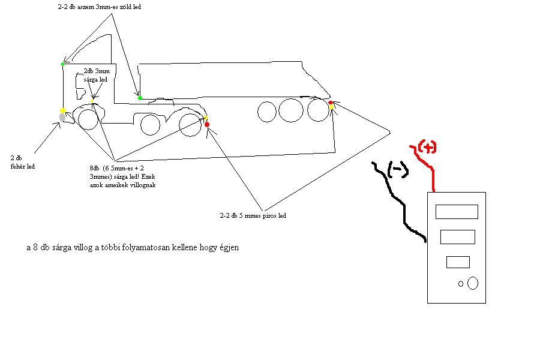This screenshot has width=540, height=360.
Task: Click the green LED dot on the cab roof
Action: point(62,64)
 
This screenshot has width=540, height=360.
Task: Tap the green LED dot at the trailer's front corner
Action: point(140,98)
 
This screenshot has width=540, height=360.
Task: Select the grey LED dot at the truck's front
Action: point(62,118)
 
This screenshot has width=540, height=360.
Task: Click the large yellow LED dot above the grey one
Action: point(62,110)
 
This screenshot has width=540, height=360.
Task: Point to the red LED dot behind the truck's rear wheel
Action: point(208,124)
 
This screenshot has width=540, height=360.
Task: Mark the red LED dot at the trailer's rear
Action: point(331,103)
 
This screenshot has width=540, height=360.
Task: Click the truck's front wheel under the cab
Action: point(88,120)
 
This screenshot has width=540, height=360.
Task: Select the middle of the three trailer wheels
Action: point(290,111)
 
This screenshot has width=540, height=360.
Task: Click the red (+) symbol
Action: point(427,147)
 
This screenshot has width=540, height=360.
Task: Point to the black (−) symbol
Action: point(398,170)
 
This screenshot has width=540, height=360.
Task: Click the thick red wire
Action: point(431,171)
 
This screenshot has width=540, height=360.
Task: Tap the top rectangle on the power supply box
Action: point(457,212)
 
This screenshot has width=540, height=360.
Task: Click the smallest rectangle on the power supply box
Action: point(458,262)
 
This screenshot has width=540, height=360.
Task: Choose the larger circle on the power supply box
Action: point(472,283)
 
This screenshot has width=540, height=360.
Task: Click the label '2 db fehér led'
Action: point(22,163)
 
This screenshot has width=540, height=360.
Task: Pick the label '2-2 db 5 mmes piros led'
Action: point(253,215)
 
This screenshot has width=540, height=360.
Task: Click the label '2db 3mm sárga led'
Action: point(95,74)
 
